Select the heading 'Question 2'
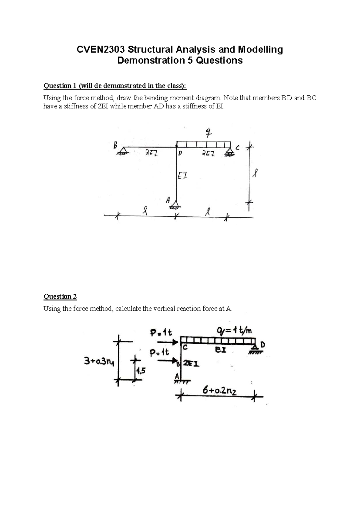click(x=60, y=297)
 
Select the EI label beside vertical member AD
click(x=182, y=176)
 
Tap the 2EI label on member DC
click(x=208, y=154)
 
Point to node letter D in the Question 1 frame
click(x=180, y=153)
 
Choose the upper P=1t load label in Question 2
click(x=161, y=333)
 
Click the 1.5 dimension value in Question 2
click(x=140, y=371)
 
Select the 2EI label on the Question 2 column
click(x=191, y=363)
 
